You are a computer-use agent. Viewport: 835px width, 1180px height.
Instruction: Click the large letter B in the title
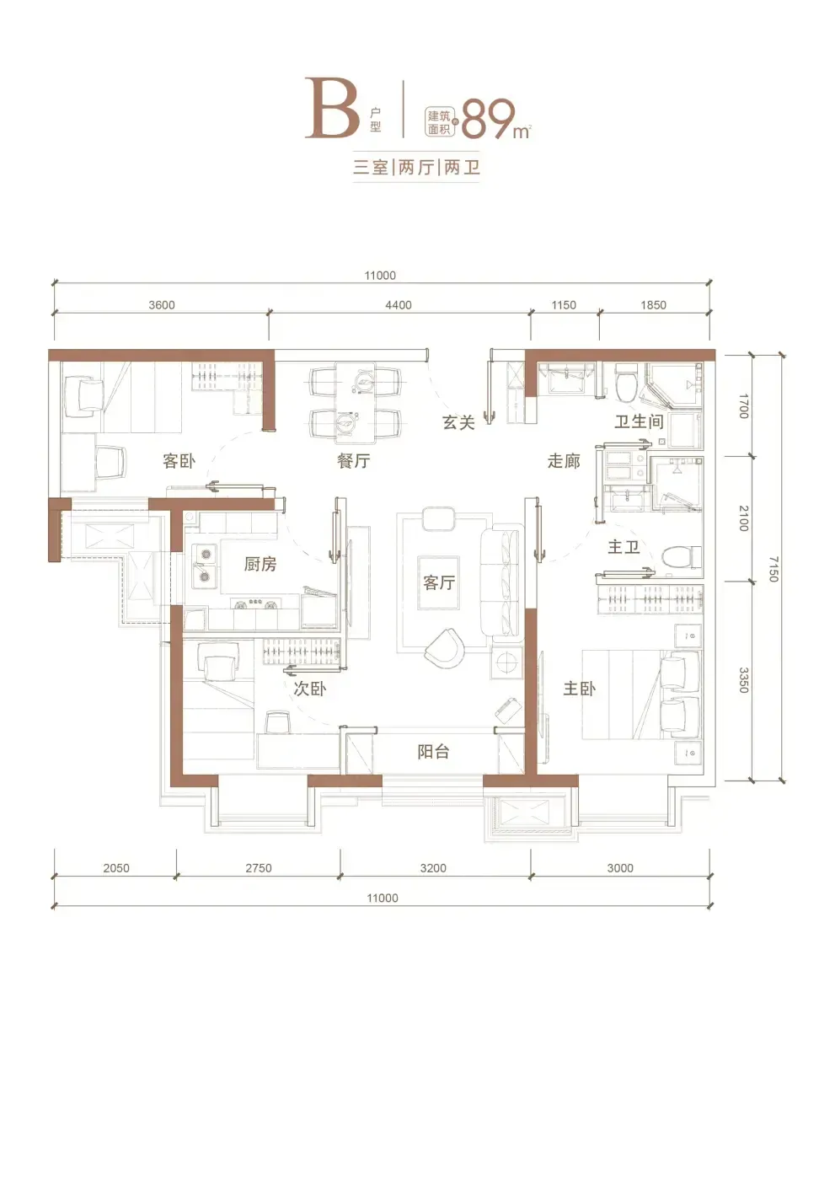point(332,109)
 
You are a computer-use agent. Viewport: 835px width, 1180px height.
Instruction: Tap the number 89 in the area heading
point(488,120)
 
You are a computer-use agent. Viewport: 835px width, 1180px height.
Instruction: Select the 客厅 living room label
point(438,582)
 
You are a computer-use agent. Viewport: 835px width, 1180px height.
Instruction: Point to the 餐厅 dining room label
point(353,461)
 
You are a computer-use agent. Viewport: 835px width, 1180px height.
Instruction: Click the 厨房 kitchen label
point(260,564)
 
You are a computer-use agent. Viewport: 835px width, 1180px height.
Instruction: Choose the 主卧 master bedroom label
point(579,689)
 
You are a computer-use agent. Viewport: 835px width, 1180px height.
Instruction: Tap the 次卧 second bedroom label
point(309,689)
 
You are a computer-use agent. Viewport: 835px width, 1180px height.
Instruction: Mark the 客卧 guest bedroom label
point(179,461)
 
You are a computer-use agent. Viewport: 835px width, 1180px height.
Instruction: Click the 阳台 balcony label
point(433,752)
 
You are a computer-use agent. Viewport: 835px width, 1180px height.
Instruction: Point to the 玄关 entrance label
point(458,422)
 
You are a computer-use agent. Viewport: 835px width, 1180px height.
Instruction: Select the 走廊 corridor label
point(564,461)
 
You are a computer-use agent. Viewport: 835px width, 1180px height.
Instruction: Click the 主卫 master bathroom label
point(624,546)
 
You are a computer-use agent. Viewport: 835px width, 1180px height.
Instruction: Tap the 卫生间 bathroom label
point(639,421)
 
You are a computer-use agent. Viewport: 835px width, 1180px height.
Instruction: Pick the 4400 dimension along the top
point(399,305)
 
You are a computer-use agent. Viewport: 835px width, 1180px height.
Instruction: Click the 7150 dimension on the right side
point(773,569)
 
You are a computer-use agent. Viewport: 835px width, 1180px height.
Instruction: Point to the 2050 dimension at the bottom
point(116,868)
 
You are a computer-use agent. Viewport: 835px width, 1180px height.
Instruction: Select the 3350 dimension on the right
point(743,680)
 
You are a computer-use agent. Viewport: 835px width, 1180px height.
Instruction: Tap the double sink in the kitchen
point(204,566)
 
